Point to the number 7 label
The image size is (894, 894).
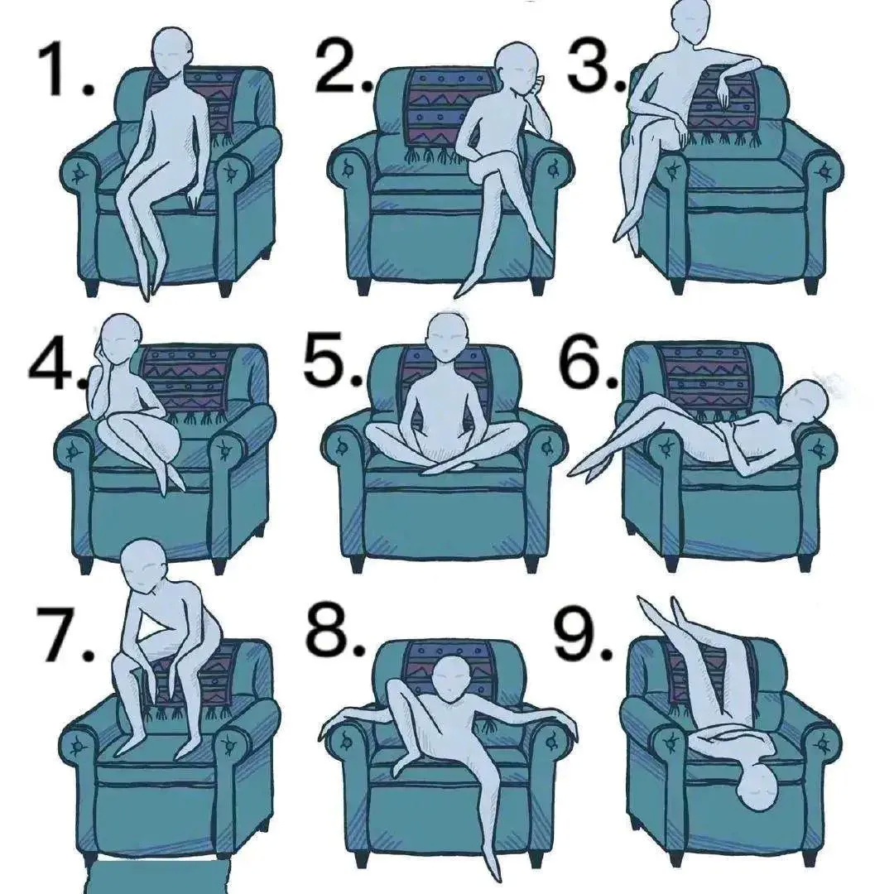pyautogui.click(x=63, y=635)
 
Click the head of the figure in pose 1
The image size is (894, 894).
pyautogui.click(x=171, y=50)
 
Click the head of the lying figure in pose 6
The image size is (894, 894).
pyautogui.click(x=802, y=402)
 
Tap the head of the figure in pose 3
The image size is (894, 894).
pyautogui.click(x=691, y=20)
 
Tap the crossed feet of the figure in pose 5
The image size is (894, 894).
pyautogui.click(x=445, y=468)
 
